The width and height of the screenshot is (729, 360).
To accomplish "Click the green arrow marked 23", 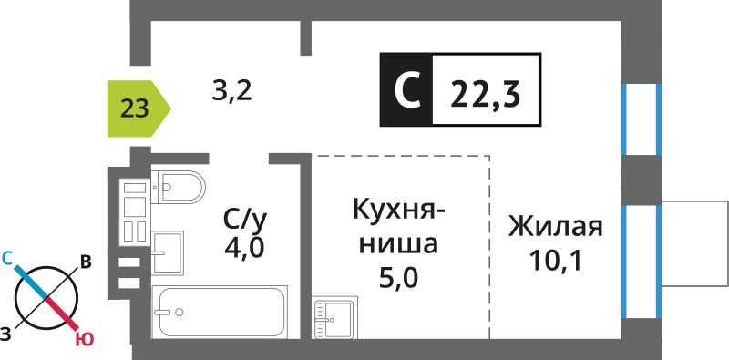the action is tap(139, 108).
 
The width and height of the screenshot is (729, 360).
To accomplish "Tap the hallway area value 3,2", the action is tap(232, 92).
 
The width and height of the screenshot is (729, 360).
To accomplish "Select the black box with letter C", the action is tap(406, 89).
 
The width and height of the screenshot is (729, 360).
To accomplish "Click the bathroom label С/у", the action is tap(245, 221).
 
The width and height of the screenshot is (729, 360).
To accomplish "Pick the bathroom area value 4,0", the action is tap(244, 247).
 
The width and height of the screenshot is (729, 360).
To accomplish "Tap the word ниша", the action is tap(398, 243).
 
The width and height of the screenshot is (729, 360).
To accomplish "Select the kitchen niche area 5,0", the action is tap(398, 278).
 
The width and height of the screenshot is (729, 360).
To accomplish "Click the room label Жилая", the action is tap(555, 227).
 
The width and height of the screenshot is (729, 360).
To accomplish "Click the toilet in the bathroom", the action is tap(178, 187).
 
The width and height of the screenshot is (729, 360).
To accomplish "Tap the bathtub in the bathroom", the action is tap(220, 312).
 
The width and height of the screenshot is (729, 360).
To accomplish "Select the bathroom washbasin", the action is tap(168, 252).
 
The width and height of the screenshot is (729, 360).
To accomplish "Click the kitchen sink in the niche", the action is tap(334, 319).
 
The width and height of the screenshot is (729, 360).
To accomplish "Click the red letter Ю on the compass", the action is tap(85, 341).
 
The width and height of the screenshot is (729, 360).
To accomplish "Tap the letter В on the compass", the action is tap(85, 262).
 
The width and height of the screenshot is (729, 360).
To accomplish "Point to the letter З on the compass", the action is tap(5, 333).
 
